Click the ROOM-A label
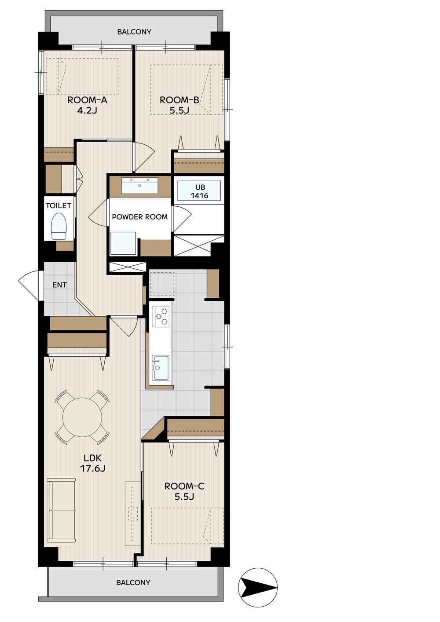(87, 100)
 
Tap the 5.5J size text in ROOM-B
(179, 110)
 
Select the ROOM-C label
(184, 486)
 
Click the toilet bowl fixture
(59, 226)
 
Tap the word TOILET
(59, 206)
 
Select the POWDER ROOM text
(140, 217)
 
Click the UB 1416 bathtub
(199, 191)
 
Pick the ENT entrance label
(60, 285)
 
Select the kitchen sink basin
(161, 368)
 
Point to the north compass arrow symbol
(258, 585)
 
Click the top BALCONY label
(134, 32)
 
